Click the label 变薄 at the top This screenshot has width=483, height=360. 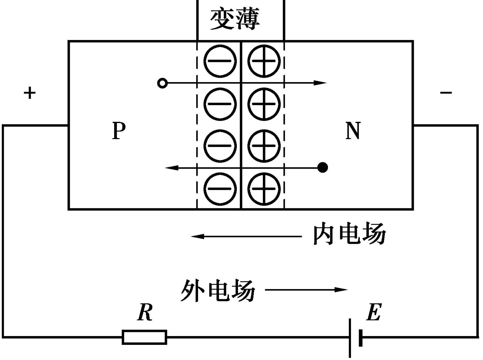point(235,19)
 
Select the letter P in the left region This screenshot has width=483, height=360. point(119,131)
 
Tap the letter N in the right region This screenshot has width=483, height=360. point(353,131)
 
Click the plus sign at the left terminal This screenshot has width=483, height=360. point(30,93)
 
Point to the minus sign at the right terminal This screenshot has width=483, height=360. point(446,93)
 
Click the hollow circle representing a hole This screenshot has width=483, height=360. point(162,83)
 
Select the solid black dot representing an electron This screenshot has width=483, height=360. point(323,168)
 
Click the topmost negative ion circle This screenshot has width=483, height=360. point(220,61)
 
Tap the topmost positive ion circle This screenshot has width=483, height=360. point(264,61)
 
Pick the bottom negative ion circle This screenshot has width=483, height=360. point(220,189)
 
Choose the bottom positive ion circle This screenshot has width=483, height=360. point(264,189)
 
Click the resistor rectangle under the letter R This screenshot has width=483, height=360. point(144,337)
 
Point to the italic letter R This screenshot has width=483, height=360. point(145,312)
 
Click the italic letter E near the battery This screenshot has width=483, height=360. point(374,312)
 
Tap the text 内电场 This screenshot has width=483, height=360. point(350,236)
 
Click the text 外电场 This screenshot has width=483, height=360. point(218,290)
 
